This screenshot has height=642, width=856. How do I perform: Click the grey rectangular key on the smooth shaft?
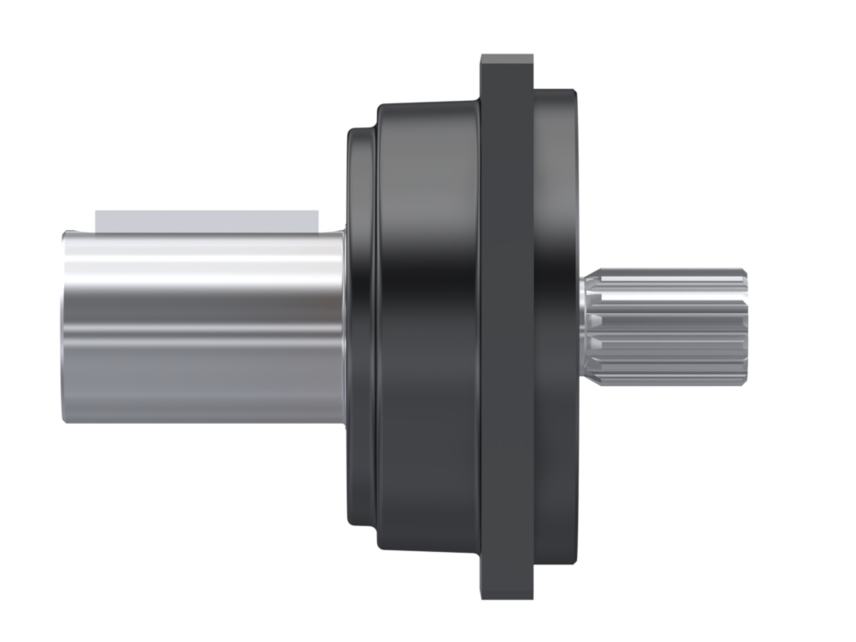(x=207, y=221)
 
